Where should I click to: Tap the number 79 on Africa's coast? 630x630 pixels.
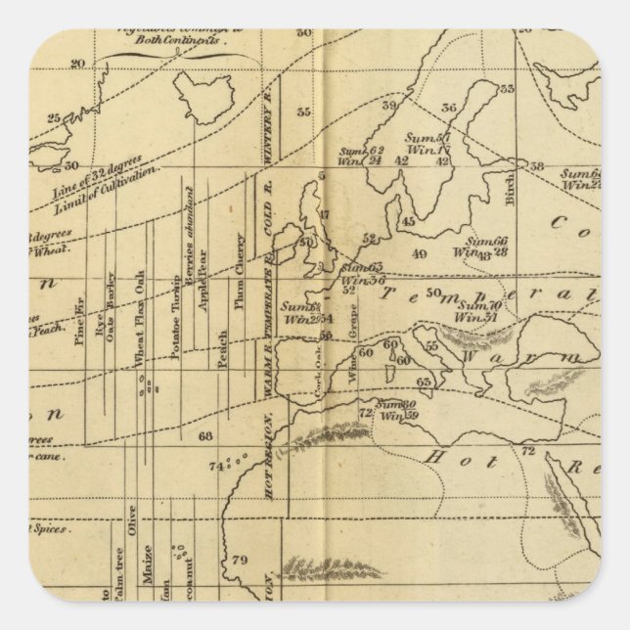tap(239, 561)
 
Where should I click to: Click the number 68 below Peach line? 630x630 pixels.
tap(204, 435)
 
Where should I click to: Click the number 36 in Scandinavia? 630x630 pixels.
tap(450, 109)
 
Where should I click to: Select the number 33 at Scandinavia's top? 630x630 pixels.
tap(506, 90)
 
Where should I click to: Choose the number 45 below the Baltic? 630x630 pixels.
tap(409, 221)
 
